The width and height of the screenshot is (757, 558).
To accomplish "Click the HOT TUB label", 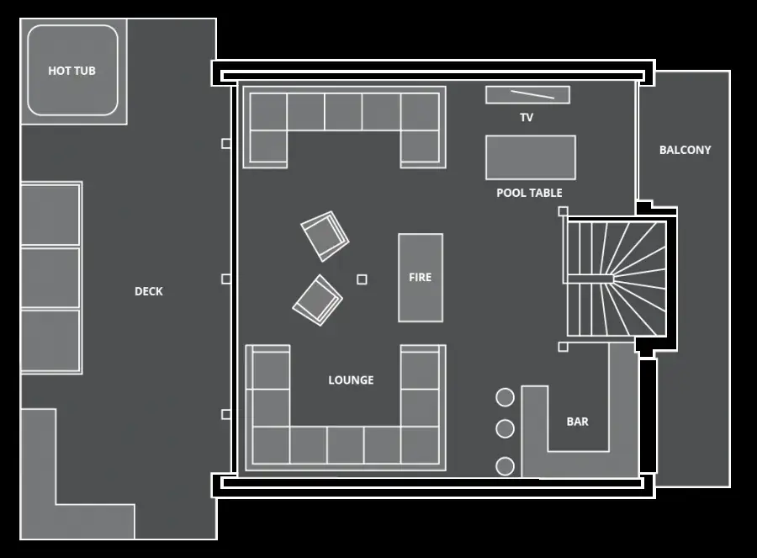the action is coord(72,71).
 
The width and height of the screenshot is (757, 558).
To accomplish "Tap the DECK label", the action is coord(149,291).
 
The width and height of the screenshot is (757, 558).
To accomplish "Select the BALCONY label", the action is coord(685,150).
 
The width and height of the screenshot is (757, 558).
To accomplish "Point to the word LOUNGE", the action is coord(351,380).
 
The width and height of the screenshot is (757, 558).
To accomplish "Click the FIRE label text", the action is coord(420,277).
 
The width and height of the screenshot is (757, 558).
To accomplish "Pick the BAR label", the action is coord(577,422).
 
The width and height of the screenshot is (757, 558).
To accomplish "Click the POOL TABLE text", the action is coord(530,193).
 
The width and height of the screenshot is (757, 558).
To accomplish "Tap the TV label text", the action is coord(527,117).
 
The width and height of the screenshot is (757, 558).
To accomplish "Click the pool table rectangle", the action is coord(531,157).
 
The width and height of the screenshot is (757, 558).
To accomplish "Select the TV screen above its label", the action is coord(527,95).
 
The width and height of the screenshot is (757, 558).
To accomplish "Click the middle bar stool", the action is coord(505,428).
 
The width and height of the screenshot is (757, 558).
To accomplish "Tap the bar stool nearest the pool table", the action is coord(505,397).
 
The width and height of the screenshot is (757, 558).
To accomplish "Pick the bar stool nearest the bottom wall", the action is coord(505,466).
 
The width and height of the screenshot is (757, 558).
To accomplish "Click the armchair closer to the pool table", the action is coord(325,236).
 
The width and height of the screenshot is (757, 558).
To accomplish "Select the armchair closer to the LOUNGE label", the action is coord(318,300).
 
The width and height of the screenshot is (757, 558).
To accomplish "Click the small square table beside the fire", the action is coord(362,279).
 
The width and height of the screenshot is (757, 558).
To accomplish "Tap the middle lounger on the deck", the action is coord(50,278).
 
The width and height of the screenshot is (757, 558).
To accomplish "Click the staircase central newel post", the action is coord(590,279).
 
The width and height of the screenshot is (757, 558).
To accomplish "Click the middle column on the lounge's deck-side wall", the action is coord(226,279).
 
